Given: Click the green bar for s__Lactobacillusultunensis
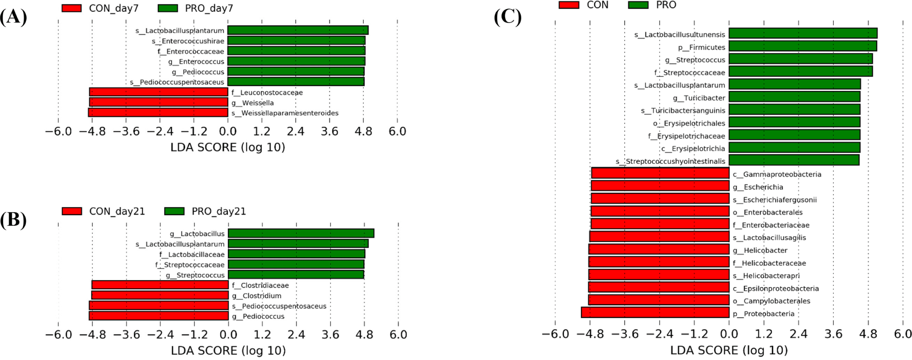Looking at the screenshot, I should [x=803, y=33].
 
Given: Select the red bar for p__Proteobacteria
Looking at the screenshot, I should [x=655, y=313].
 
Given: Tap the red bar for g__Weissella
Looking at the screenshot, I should [x=159, y=103].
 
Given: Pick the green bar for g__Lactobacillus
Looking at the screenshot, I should [x=301, y=233].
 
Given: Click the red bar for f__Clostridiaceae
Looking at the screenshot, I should [x=160, y=285].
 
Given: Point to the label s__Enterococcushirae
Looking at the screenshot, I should [x=188, y=41].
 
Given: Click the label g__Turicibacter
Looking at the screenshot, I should [x=699, y=98].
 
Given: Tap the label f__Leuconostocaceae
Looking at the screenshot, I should [x=267, y=93].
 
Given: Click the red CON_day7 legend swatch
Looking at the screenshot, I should [x=71, y=8].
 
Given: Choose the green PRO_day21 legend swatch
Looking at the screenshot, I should [x=174, y=211].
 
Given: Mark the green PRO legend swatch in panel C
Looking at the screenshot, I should [x=638, y=5].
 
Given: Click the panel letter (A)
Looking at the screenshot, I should [x=13, y=17].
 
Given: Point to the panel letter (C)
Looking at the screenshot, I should [x=507, y=17].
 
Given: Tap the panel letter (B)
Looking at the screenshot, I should [x=13, y=220].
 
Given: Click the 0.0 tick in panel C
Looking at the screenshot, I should [x=729, y=334].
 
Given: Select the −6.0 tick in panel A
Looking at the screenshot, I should [x=59, y=131].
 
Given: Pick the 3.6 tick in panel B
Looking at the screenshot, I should [x=330, y=335].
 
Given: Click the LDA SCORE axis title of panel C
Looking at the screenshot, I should [x=729, y=351].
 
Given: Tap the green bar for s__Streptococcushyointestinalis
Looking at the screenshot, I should [x=794, y=160].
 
